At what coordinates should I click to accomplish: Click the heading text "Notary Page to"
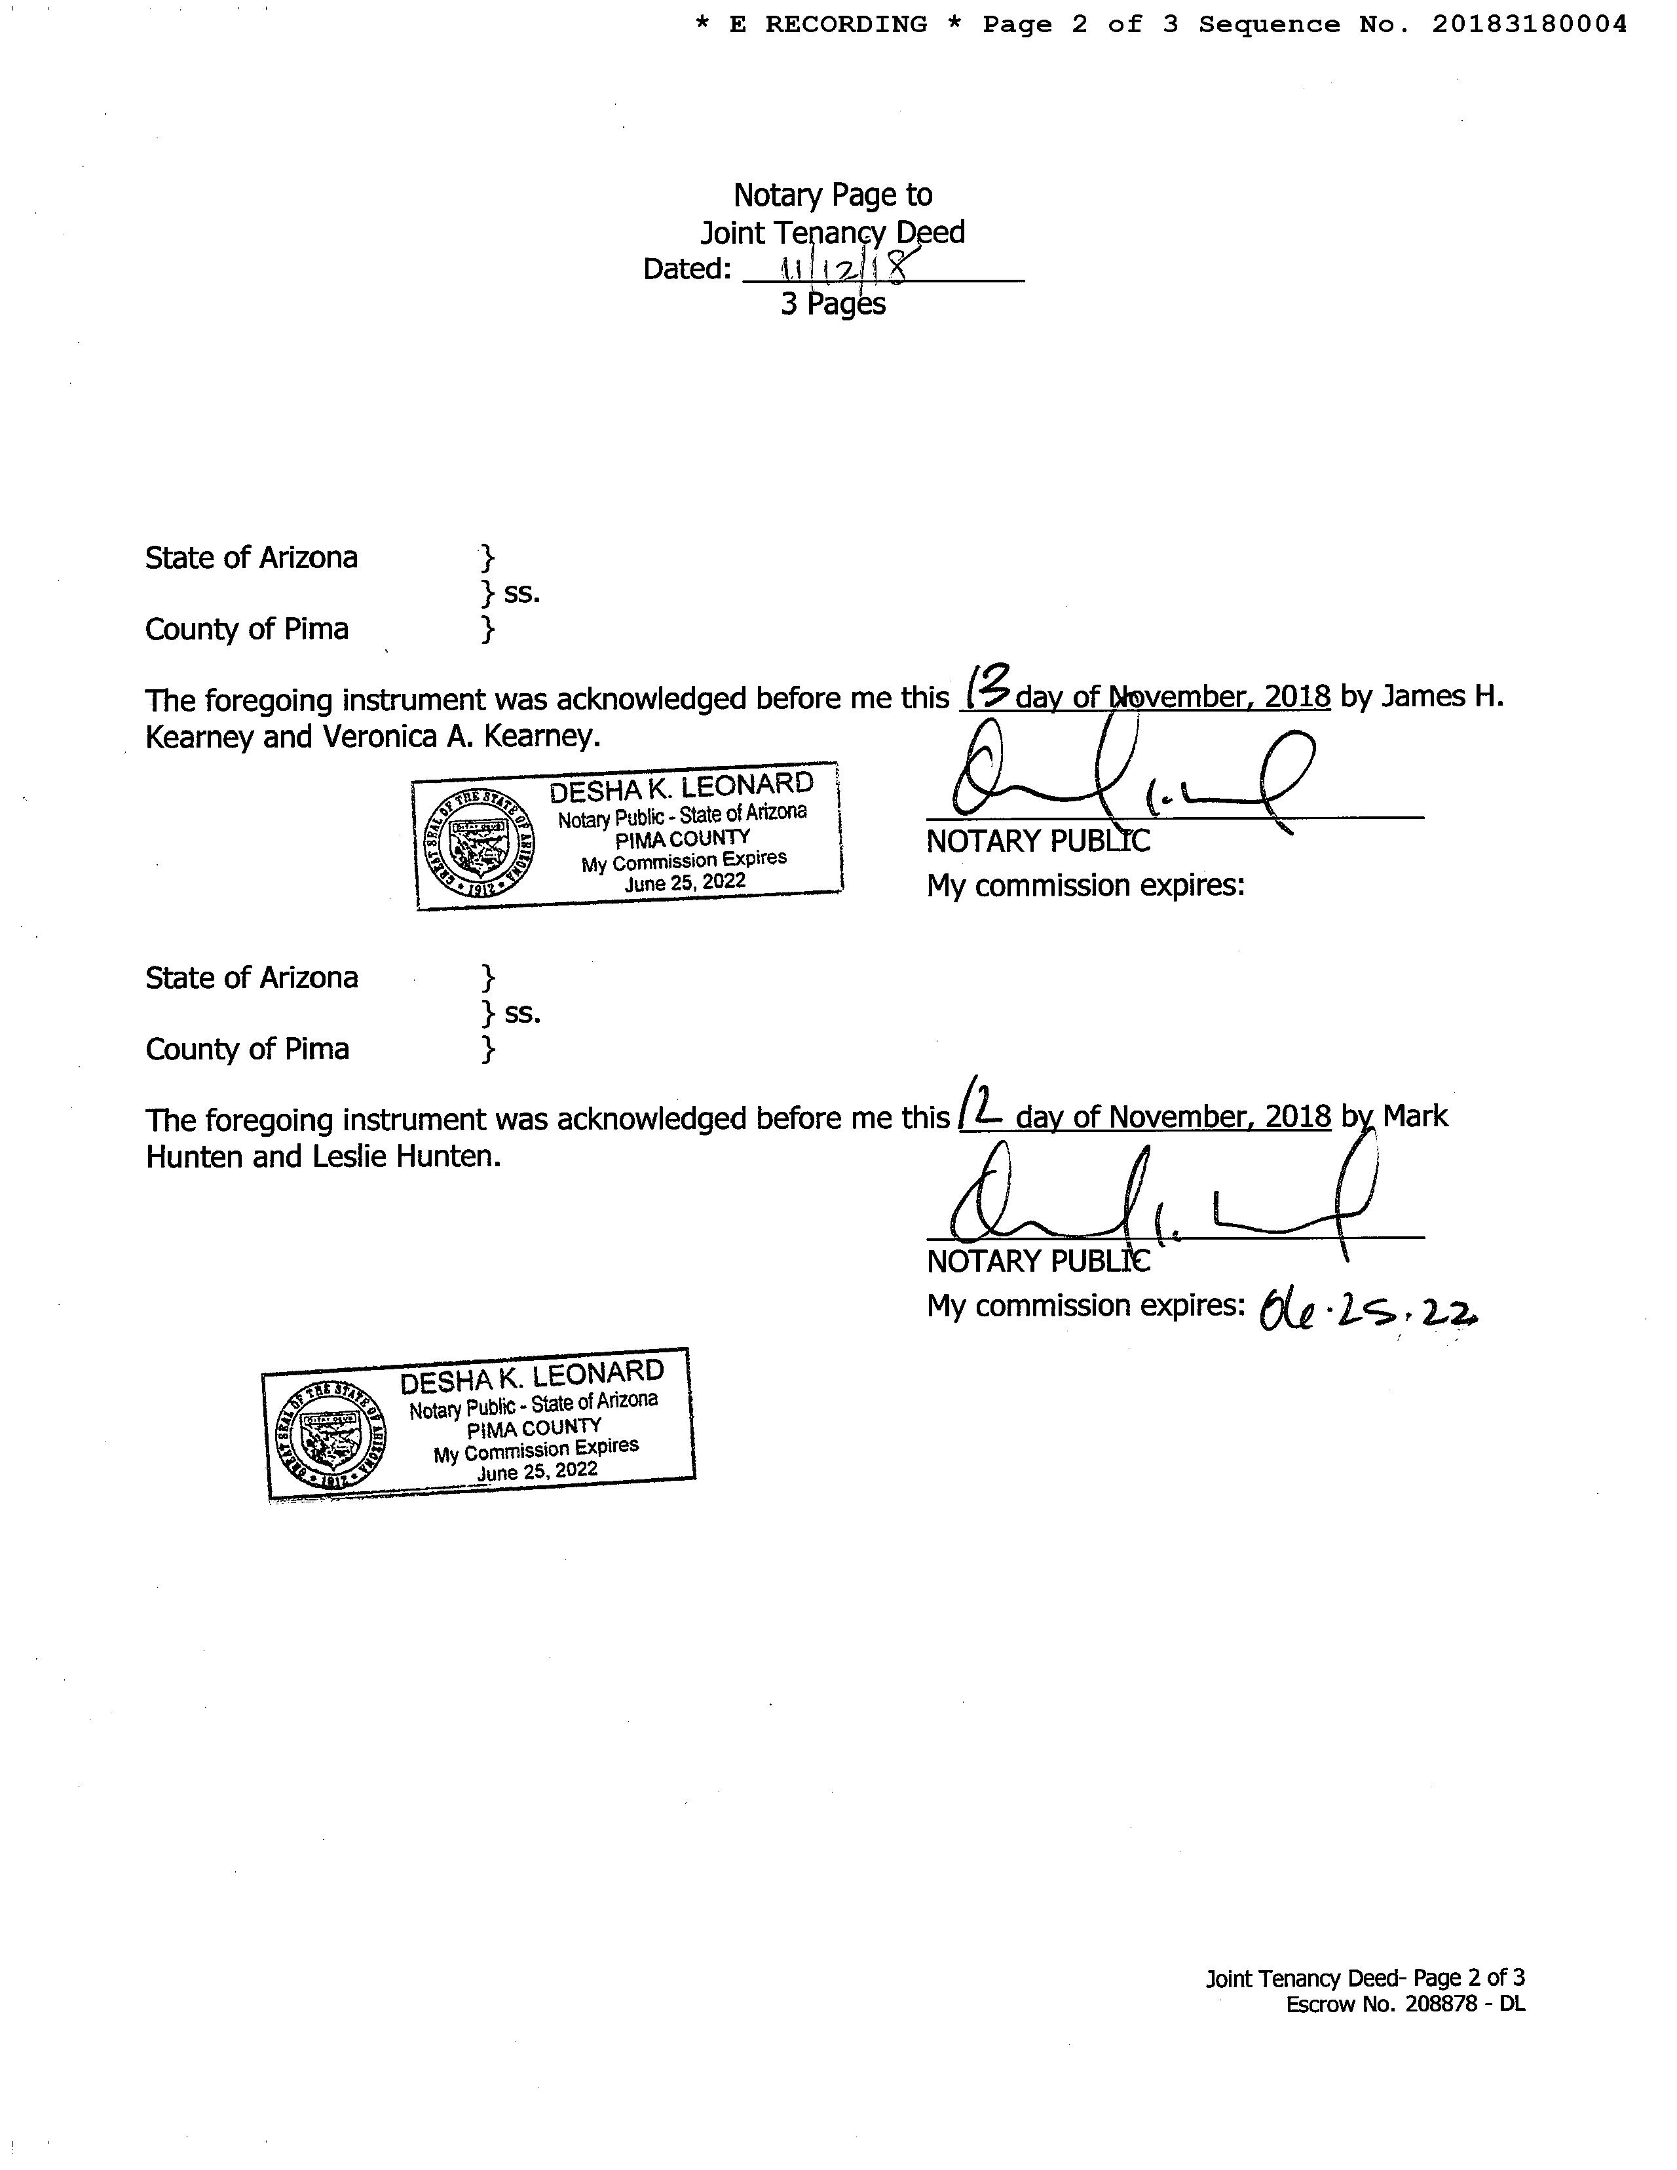click(x=833, y=195)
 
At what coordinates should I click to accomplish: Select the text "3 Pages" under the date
click(x=833, y=303)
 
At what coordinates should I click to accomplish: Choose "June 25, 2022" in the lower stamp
click(x=537, y=1470)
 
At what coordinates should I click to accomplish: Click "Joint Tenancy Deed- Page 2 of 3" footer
click(x=1365, y=1977)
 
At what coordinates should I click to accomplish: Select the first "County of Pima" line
click(x=248, y=630)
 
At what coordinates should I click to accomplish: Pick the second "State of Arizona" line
click(x=252, y=978)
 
